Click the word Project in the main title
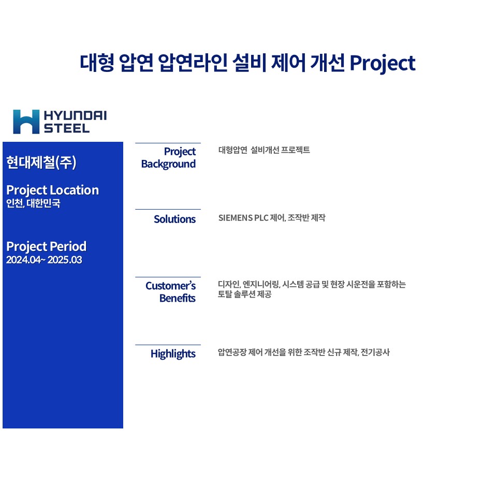(x=382, y=63)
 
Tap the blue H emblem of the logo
(x=26, y=122)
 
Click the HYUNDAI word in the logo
(x=75, y=115)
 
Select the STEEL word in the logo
(x=67, y=128)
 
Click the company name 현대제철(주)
(x=41, y=162)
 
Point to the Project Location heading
(x=53, y=190)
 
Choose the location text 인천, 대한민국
(x=33, y=203)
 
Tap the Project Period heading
(x=46, y=246)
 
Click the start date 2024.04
(x=24, y=260)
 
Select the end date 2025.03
(x=65, y=260)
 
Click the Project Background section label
(x=168, y=158)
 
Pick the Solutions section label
(x=174, y=219)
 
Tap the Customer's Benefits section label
(x=170, y=292)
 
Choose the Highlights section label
(x=173, y=354)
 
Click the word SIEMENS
(x=236, y=218)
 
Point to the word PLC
(x=261, y=218)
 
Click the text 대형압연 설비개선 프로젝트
(x=264, y=150)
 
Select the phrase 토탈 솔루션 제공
(x=244, y=294)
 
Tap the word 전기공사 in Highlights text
(x=375, y=352)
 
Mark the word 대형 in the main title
(x=97, y=63)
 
